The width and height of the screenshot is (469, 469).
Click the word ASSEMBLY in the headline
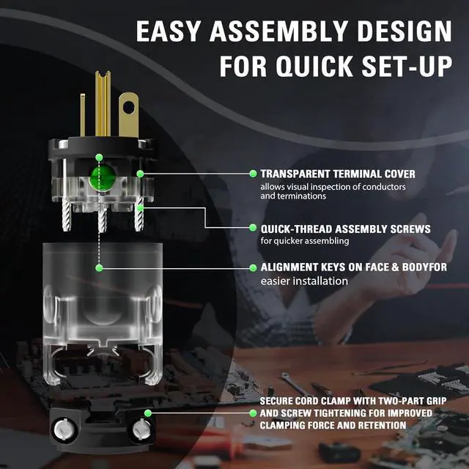click(278, 31)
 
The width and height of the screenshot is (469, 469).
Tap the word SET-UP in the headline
click(407, 66)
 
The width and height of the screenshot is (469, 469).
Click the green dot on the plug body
click(103, 177)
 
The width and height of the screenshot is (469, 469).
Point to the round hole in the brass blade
click(129, 108)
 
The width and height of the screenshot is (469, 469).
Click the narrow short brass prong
click(83, 115)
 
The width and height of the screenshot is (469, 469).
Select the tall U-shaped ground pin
click(103, 103)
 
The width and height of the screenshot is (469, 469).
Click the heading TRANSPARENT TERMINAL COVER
click(338, 174)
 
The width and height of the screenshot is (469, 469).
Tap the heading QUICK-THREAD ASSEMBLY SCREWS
click(345, 229)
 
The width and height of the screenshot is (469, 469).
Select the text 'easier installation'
click(304, 281)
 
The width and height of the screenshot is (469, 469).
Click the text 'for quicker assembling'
click(305, 241)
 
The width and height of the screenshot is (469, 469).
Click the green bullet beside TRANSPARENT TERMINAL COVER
click(253, 174)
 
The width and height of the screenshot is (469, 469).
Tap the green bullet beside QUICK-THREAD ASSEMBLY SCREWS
click(253, 228)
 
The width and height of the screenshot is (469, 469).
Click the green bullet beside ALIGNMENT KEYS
click(253, 267)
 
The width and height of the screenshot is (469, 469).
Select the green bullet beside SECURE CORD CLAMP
click(253, 413)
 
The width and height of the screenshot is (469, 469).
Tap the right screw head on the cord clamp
click(141, 429)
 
